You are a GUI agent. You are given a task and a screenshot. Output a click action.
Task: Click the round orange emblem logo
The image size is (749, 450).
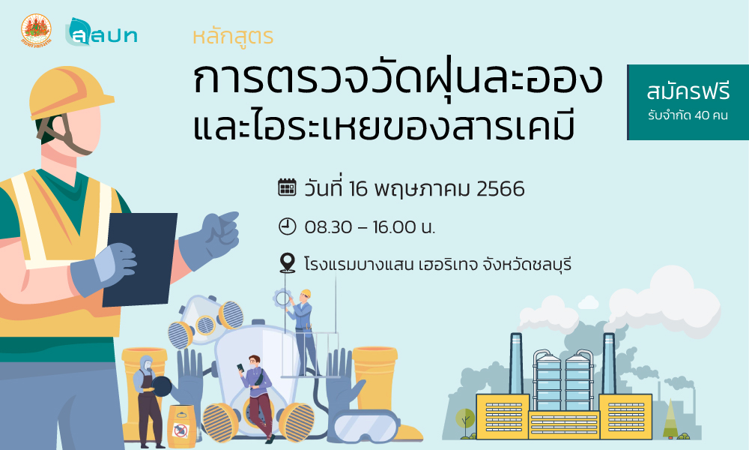click(36, 30)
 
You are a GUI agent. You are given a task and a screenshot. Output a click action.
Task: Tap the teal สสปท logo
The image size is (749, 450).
click(101, 32)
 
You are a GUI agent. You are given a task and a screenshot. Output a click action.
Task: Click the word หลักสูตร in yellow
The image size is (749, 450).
click(233, 37)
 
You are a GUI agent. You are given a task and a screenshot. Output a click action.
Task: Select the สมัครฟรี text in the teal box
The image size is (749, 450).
click(688, 91)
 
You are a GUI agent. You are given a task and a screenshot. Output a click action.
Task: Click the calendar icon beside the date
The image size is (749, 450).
click(287, 187)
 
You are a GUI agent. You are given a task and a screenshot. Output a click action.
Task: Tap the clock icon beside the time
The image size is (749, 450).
click(287, 226)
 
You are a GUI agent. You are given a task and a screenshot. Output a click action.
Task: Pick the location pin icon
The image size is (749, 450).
click(287, 263)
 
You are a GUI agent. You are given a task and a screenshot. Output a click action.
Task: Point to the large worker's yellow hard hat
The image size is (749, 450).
click(70, 93)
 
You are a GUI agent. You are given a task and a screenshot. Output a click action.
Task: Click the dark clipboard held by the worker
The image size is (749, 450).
click(139, 259)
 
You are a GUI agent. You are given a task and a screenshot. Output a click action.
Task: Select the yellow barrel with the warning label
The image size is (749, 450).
click(181, 427)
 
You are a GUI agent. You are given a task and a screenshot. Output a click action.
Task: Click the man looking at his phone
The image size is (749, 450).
click(256, 397)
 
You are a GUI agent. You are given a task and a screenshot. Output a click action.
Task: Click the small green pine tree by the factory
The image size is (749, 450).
click(670, 418)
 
